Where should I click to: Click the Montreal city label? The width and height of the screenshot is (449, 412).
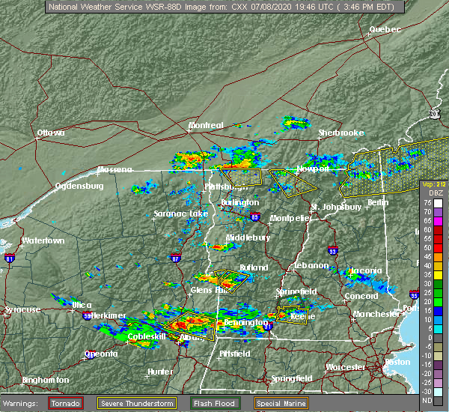206,125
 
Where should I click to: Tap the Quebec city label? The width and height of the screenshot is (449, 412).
385,29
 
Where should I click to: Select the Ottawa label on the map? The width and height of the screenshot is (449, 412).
51,133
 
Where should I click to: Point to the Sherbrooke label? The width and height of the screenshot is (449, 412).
340,133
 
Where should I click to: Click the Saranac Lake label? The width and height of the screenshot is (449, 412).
180,214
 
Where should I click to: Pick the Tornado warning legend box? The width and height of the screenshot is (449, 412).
65,403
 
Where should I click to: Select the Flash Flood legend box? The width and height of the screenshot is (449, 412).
214,403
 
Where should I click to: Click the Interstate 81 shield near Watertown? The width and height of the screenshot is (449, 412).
10,258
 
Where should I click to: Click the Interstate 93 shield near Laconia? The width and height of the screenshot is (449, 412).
333,251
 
